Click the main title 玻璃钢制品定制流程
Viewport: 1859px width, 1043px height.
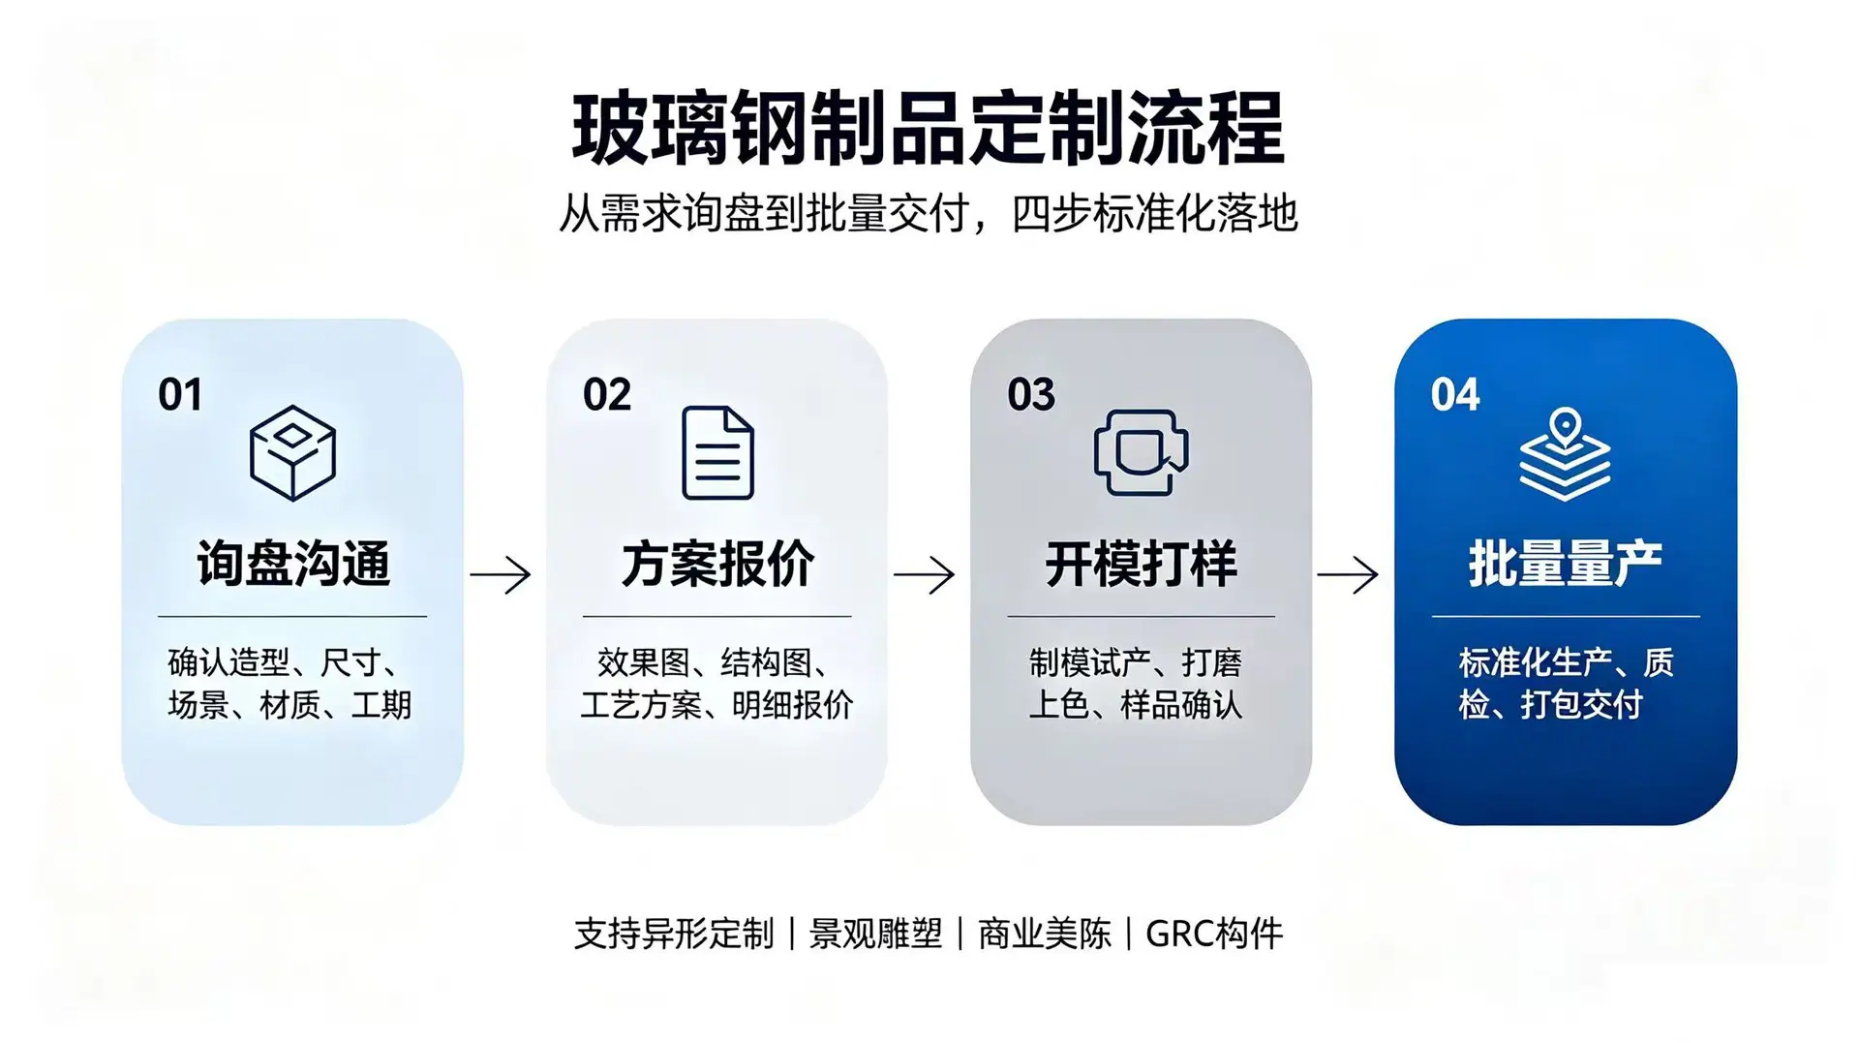click(x=928, y=128)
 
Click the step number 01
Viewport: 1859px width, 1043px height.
click(x=180, y=395)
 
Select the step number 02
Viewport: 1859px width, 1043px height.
click(x=607, y=395)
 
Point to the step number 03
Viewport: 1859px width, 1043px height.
click(x=1031, y=395)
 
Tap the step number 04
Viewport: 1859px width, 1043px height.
click(x=1455, y=395)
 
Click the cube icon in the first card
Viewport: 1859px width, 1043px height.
click(x=292, y=452)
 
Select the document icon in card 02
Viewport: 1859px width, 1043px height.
click(x=717, y=452)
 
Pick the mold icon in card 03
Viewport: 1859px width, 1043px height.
click(x=1142, y=452)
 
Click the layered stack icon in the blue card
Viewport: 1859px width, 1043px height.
click(x=1565, y=454)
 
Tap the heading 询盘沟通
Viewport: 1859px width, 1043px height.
click(x=293, y=564)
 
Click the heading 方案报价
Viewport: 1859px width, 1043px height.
click(x=717, y=564)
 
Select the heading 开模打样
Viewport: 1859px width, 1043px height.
click(x=1142, y=564)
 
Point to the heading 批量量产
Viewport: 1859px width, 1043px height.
click(x=1566, y=564)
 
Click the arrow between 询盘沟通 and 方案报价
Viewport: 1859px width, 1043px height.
click(x=501, y=575)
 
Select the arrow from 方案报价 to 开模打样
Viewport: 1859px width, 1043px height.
click(x=925, y=575)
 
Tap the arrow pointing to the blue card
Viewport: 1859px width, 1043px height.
click(x=1348, y=575)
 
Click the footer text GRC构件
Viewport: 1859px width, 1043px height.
click(x=1214, y=935)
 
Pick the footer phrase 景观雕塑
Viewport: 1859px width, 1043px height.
click(x=875, y=935)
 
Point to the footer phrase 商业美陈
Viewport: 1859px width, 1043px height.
click(x=1045, y=935)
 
